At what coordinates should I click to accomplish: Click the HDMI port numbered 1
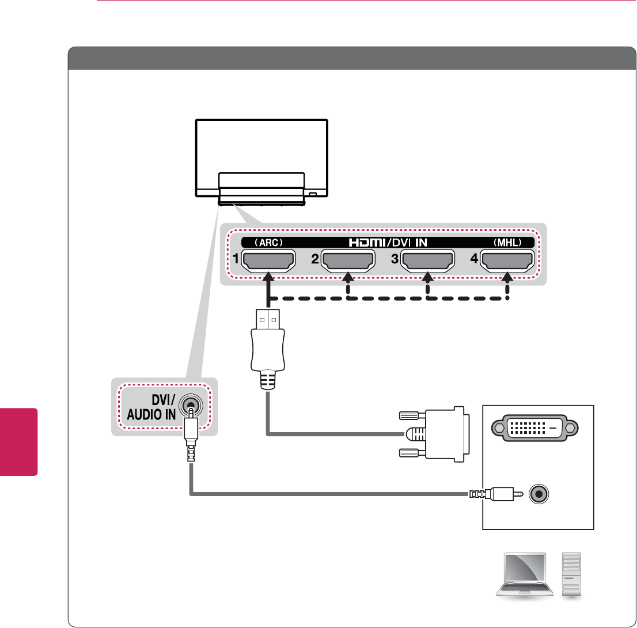pos(268,262)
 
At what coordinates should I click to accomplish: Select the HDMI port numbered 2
pos(347,262)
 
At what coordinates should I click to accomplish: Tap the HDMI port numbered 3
pos(427,262)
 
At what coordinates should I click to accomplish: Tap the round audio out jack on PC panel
pos(540,494)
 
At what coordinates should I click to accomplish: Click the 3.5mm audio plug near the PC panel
pos(495,494)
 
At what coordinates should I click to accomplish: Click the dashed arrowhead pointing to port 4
pos(507,279)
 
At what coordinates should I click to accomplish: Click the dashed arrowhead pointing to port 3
pos(427,279)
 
